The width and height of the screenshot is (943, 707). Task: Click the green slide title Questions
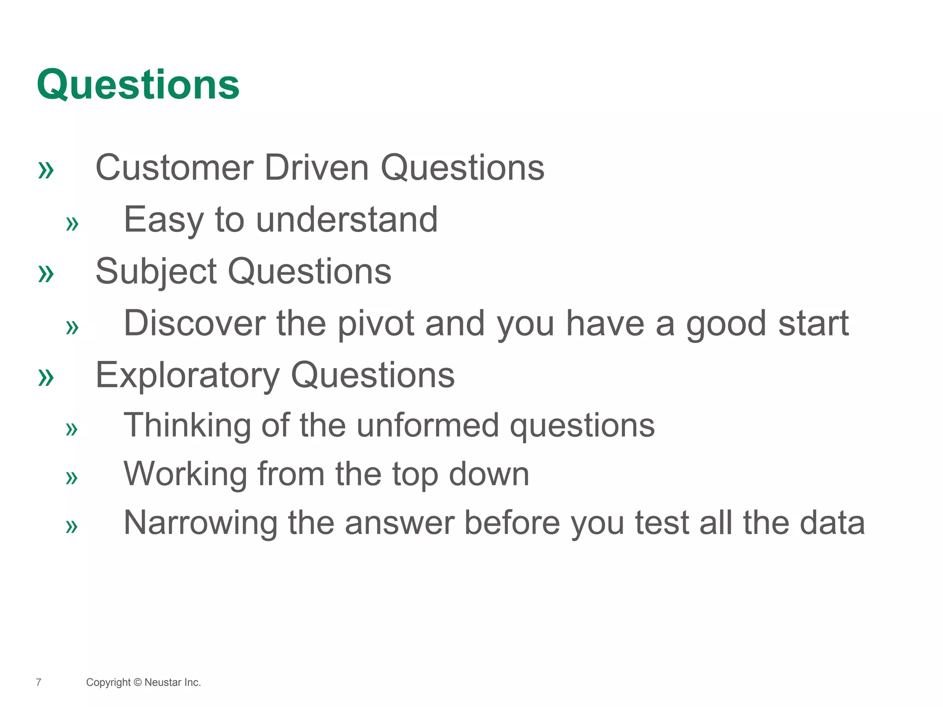(x=138, y=85)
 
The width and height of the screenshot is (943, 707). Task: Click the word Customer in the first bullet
(x=174, y=168)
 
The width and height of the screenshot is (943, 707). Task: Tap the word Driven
(x=316, y=168)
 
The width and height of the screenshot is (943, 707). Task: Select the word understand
(x=346, y=220)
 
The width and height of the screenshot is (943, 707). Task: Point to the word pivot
(x=376, y=324)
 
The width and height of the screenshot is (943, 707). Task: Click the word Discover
(x=194, y=324)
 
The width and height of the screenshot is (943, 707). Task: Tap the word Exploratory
(x=187, y=375)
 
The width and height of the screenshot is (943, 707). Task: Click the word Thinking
(x=187, y=426)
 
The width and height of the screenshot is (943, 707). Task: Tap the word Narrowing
(x=200, y=523)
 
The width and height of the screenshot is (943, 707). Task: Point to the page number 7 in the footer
(x=39, y=682)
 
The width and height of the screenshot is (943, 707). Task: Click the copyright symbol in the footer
(x=138, y=682)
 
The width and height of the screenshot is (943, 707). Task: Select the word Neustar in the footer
(x=163, y=682)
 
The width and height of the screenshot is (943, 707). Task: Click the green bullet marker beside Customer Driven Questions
(x=46, y=171)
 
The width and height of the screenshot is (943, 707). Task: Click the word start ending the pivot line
(x=813, y=324)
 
